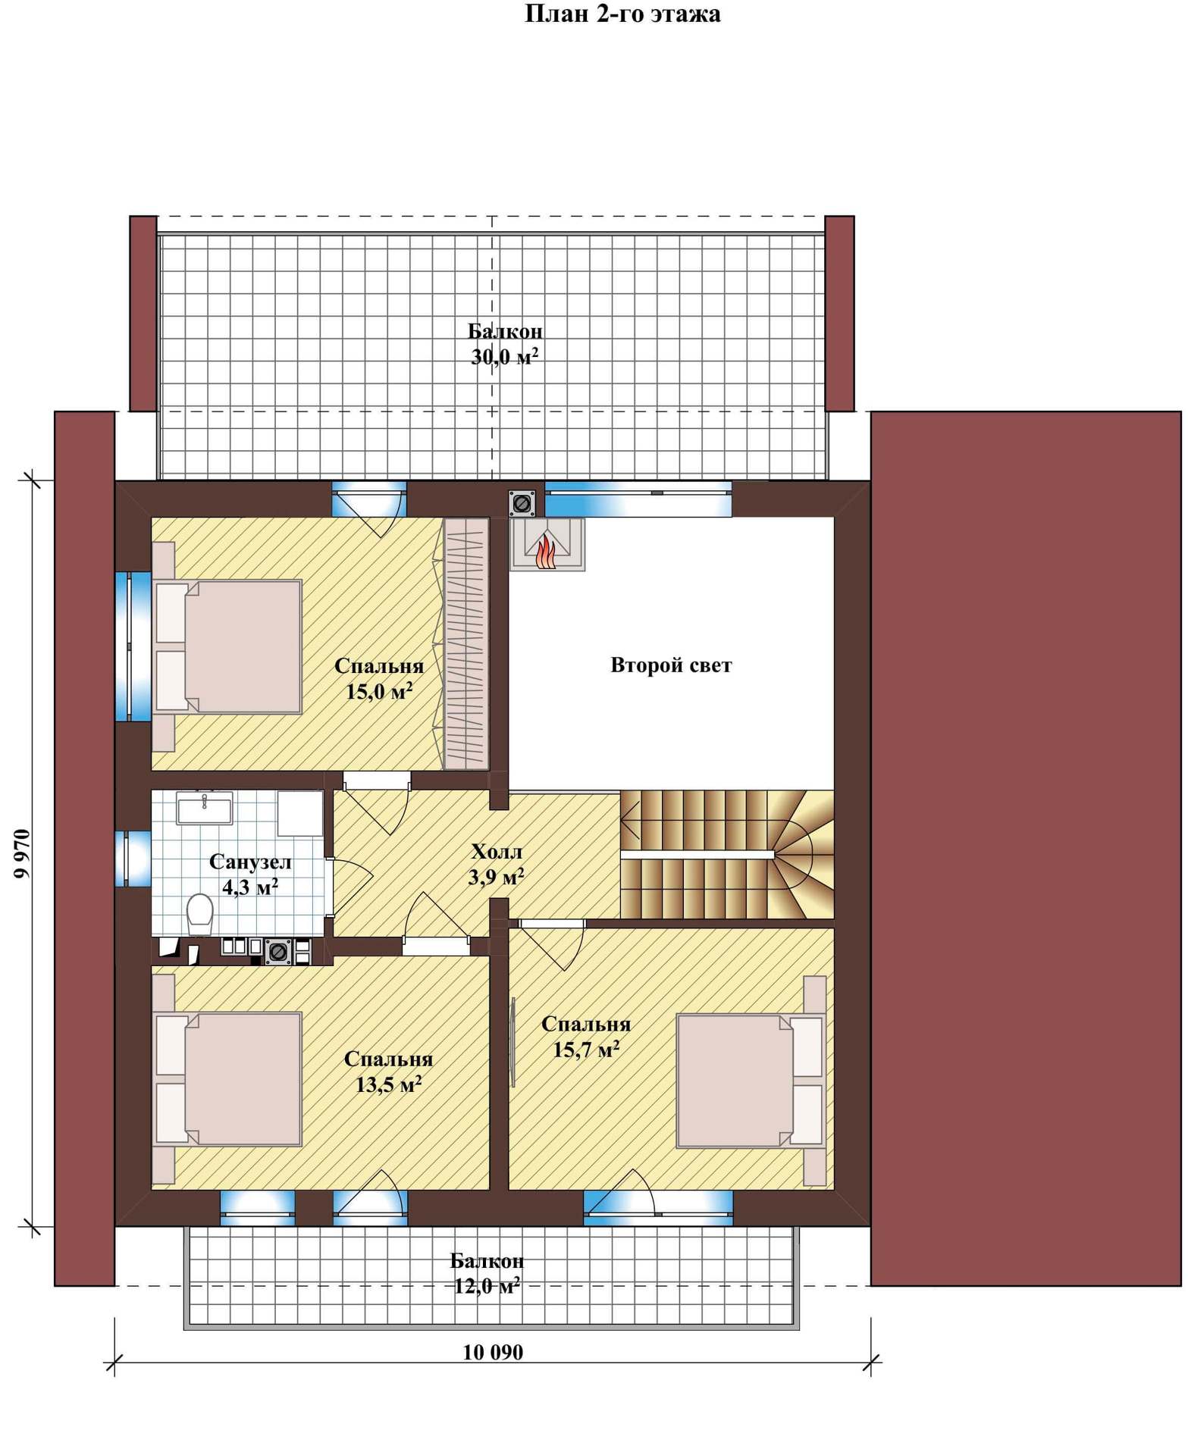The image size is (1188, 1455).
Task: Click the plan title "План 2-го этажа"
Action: [x=622, y=14]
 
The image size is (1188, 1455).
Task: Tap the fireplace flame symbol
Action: [x=546, y=551]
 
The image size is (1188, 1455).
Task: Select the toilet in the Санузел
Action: [x=200, y=914]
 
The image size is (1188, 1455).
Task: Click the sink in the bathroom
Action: [x=204, y=808]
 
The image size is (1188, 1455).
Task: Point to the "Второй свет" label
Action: [x=671, y=665]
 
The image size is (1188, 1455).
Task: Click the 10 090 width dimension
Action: [x=493, y=1353]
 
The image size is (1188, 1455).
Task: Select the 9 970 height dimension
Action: [x=22, y=853]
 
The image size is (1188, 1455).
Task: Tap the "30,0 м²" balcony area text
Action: [x=505, y=356]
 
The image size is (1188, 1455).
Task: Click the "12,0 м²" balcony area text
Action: [x=487, y=1286]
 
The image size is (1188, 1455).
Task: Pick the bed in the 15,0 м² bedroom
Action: [x=227, y=646]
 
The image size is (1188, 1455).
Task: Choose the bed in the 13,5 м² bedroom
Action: [x=227, y=1078]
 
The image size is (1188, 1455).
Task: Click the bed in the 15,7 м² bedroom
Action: [x=751, y=1081]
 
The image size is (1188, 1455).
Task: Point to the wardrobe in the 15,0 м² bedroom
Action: [x=464, y=643]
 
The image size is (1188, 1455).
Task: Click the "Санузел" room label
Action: [x=250, y=862]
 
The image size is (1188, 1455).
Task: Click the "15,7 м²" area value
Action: [x=586, y=1050]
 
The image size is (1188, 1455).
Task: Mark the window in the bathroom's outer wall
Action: [x=133, y=859]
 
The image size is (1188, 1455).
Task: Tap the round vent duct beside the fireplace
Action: [x=522, y=502]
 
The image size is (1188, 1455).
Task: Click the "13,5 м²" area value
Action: [x=388, y=1084]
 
